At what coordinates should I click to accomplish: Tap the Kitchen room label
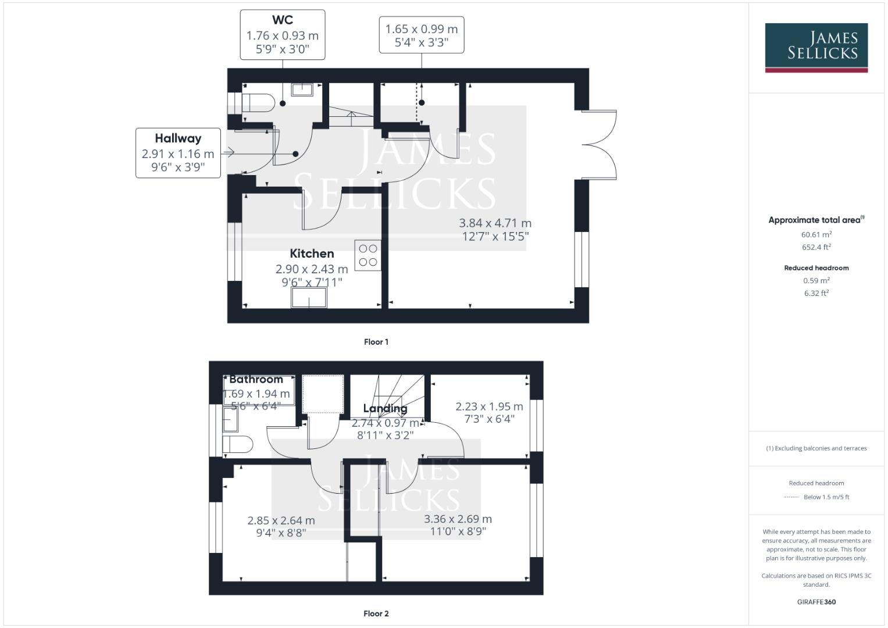coord(312,254)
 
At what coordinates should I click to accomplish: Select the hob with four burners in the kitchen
coord(368,255)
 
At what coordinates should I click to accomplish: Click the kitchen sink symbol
coord(309,298)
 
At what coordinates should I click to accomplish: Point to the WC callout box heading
coord(282,20)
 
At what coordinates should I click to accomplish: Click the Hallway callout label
coord(178,138)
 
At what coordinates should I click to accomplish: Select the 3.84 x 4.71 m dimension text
coord(495,223)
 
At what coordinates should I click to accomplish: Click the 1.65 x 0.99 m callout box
coord(421,35)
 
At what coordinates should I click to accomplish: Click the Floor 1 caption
coord(376,342)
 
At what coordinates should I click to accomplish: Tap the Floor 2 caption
coord(376,613)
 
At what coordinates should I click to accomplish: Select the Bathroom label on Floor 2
coord(256,379)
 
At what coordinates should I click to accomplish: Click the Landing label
coord(385,408)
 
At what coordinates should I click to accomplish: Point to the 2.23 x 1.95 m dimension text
coord(488,407)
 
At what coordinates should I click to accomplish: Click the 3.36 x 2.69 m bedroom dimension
coord(458,519)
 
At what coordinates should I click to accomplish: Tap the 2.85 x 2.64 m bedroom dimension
coord(281,520)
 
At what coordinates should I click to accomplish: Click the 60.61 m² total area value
coord(816,235)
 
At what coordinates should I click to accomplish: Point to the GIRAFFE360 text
coord(816,602)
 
